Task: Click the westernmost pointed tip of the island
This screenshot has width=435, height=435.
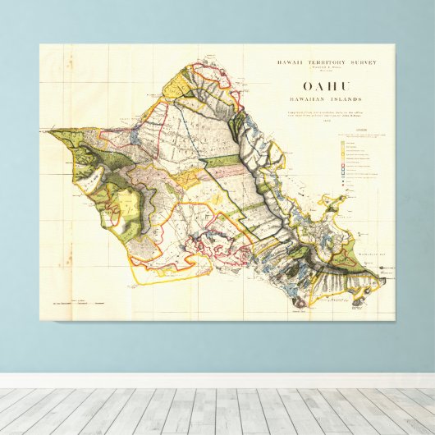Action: coord(48,130)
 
